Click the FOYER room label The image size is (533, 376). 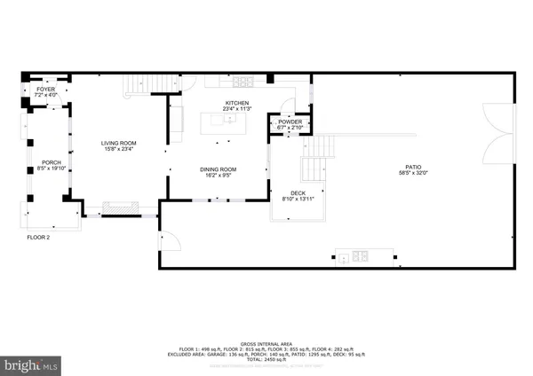click(44, 90)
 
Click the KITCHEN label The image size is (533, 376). click(236, 104)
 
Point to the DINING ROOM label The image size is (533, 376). click(217, 169)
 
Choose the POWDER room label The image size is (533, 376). click(290, 122)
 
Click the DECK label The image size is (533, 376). click(298, 193)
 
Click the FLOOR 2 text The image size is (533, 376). click(36, 239)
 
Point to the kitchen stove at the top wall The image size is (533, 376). click(241, 82)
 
